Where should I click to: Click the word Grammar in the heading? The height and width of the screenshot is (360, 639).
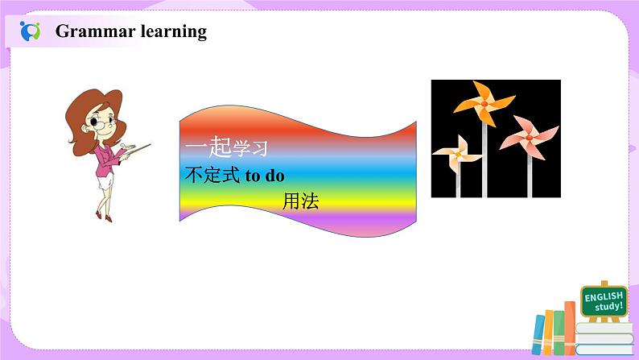(x=95, y=31)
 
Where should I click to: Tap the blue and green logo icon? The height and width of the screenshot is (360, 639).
(x=30, y=31)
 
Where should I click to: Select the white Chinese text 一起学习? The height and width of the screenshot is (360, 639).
(x=227, y=147)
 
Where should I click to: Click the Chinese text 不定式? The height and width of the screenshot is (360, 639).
(x=212, y=175)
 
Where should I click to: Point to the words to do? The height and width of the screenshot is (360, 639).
(x=265, y=176)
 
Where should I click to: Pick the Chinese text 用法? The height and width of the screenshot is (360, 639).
(x=301, y=201)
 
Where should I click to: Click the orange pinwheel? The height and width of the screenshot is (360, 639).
(x=484, y=103)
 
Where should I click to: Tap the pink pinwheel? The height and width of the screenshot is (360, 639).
(x=529, y=138)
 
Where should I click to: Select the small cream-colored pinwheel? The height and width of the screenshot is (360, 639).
(x=458, y=154)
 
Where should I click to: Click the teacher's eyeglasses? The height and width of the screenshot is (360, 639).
(x=101, y=122)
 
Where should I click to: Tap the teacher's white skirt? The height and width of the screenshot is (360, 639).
(x=105, y=180)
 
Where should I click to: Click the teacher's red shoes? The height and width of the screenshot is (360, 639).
(x=104, y=216)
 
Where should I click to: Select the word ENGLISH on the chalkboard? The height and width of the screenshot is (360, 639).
(x=604, y=296)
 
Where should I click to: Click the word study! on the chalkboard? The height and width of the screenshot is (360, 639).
(x=609, y=306)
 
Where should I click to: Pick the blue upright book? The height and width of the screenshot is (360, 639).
(x=538, y=334)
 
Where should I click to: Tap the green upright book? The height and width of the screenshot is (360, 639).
(x=559, y=333)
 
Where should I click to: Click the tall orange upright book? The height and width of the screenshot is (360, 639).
(x=570, y=329)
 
